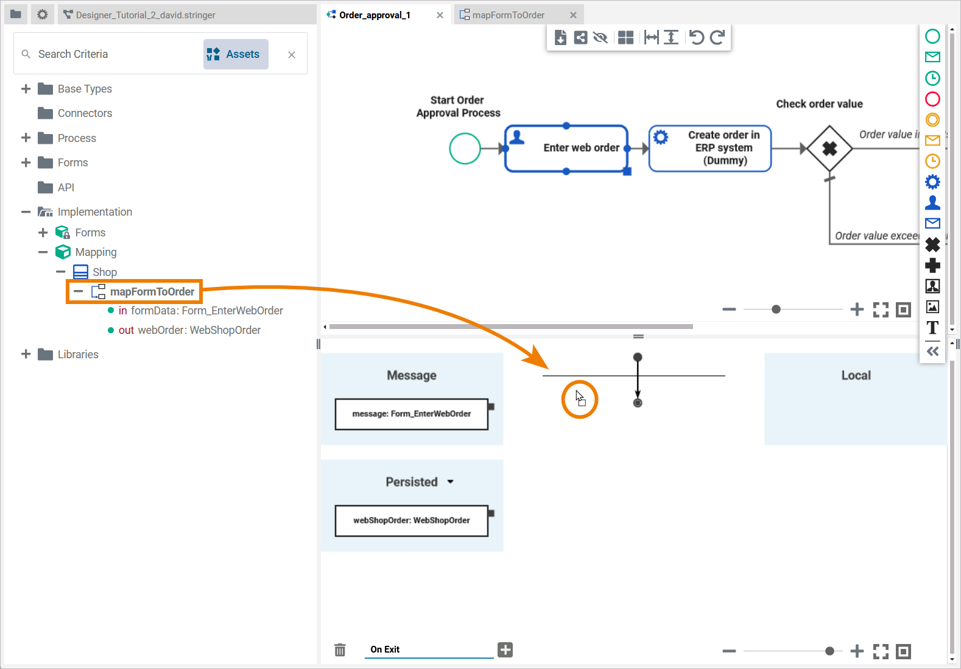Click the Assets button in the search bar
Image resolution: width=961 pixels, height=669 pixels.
(x=236, y=54)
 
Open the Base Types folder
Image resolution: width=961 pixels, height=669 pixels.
(x=85, y=89)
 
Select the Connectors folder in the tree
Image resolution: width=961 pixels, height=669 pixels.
(x=85, y=113)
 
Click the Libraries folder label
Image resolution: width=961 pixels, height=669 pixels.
(x=78, y=355)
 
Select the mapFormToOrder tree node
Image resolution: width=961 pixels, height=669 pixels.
(x=152, y=292)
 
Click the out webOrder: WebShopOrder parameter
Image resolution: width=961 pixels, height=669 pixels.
(x=189, y=330)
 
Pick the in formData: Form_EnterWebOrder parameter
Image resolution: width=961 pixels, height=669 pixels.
(x=200, y=311)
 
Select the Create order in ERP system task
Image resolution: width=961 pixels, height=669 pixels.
(x=710, y=149)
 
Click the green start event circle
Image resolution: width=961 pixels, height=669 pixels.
(x=465, y=149)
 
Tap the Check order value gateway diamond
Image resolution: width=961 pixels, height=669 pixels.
(x=829, y=149)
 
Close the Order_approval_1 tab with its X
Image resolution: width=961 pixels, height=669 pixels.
(x=440, y=15)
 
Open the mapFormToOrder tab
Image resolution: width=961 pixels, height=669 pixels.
(x=508, y=15)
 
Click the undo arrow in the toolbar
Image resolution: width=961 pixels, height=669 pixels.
(x=696, y=38)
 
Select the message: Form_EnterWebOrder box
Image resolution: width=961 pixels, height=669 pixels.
(x=412, y=414)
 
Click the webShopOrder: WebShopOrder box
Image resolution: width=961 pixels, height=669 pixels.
(x=412, y=521)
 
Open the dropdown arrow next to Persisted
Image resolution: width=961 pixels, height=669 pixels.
(x=451, y=482)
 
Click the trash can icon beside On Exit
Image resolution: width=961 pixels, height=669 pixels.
(x=340, y=650)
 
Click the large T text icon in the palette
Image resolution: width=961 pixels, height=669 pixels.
(x=932, y=328)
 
